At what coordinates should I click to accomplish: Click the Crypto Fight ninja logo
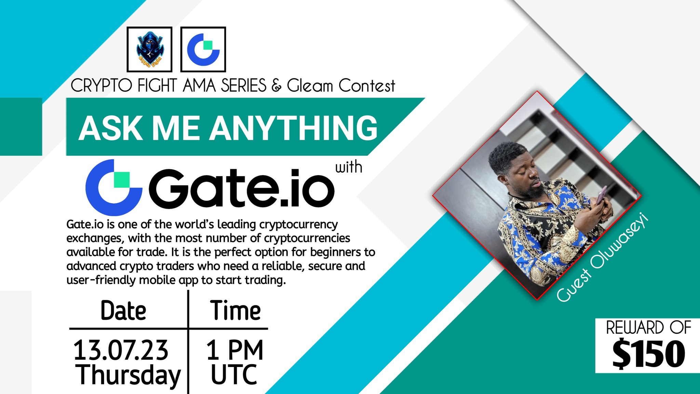click(149, 49)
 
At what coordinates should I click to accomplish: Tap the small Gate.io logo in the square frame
click(203, 49)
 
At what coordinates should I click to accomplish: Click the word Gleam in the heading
click(310, 86)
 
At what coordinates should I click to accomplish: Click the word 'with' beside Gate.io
click(348, 167)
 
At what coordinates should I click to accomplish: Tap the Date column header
click(123, 311)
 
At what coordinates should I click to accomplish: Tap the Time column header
click(235, 311)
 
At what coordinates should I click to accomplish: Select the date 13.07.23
click(121, 350)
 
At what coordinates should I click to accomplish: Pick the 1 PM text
click(234, 350)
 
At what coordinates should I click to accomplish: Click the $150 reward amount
click(648, 354)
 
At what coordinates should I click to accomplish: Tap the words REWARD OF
click(648, 328)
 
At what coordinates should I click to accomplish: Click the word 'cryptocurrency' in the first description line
click(298, 224)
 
